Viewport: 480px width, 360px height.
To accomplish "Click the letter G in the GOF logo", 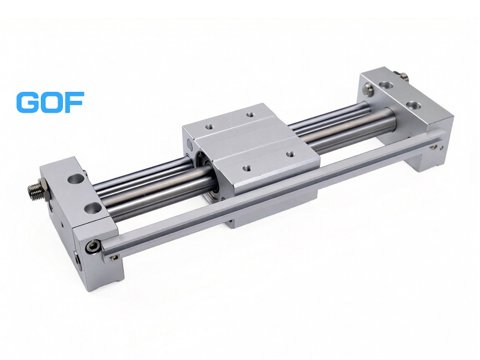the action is point(28,102).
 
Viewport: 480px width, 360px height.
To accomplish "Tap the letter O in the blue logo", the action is point(52,102).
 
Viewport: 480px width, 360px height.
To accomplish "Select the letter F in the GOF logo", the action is point(74,102).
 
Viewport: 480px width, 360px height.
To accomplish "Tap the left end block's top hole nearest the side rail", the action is point(94,209).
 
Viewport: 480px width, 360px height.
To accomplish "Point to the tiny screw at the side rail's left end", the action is point(115,258).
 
